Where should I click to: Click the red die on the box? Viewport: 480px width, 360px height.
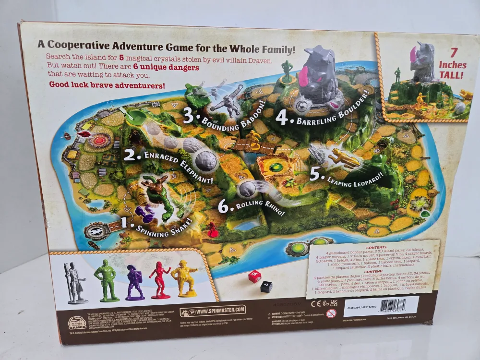(x=254, y=276)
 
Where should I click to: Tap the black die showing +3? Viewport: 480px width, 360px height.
(x=266, y=287)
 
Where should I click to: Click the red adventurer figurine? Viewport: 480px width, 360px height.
(x=160, y=280)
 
